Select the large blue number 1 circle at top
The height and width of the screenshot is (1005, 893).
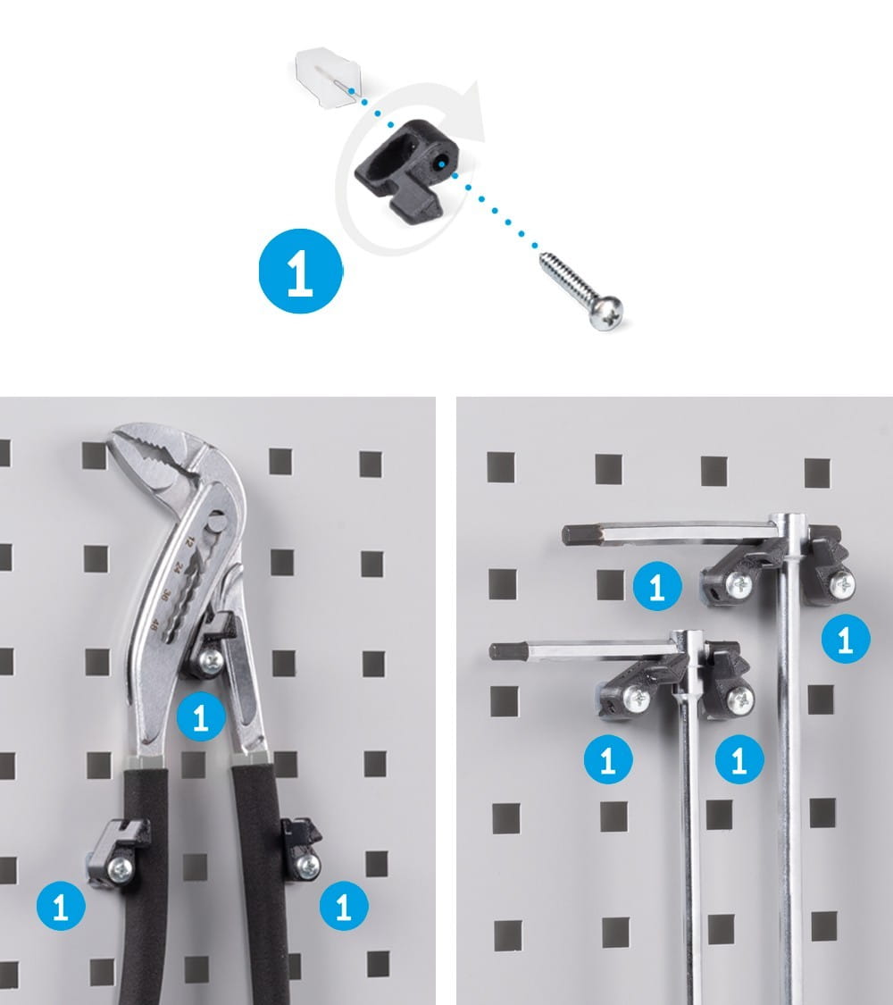click(x=300, y=271)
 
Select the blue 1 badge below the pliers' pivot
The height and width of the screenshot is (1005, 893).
click(x=201, y=717)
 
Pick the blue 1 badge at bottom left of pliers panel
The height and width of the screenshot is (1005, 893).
click(x=61, y=906)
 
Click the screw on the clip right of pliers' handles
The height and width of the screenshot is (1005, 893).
click(x=309, y=866)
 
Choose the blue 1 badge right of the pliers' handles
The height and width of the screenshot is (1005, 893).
click(x=344, y=906)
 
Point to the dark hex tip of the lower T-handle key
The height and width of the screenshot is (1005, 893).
click(x=502, y=652)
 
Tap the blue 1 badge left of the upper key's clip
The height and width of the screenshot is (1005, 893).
click(x=657, y=586)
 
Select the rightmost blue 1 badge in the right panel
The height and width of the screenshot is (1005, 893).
click(x=846, y=639)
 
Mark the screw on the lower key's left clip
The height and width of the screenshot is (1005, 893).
click(x=636, y=698)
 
